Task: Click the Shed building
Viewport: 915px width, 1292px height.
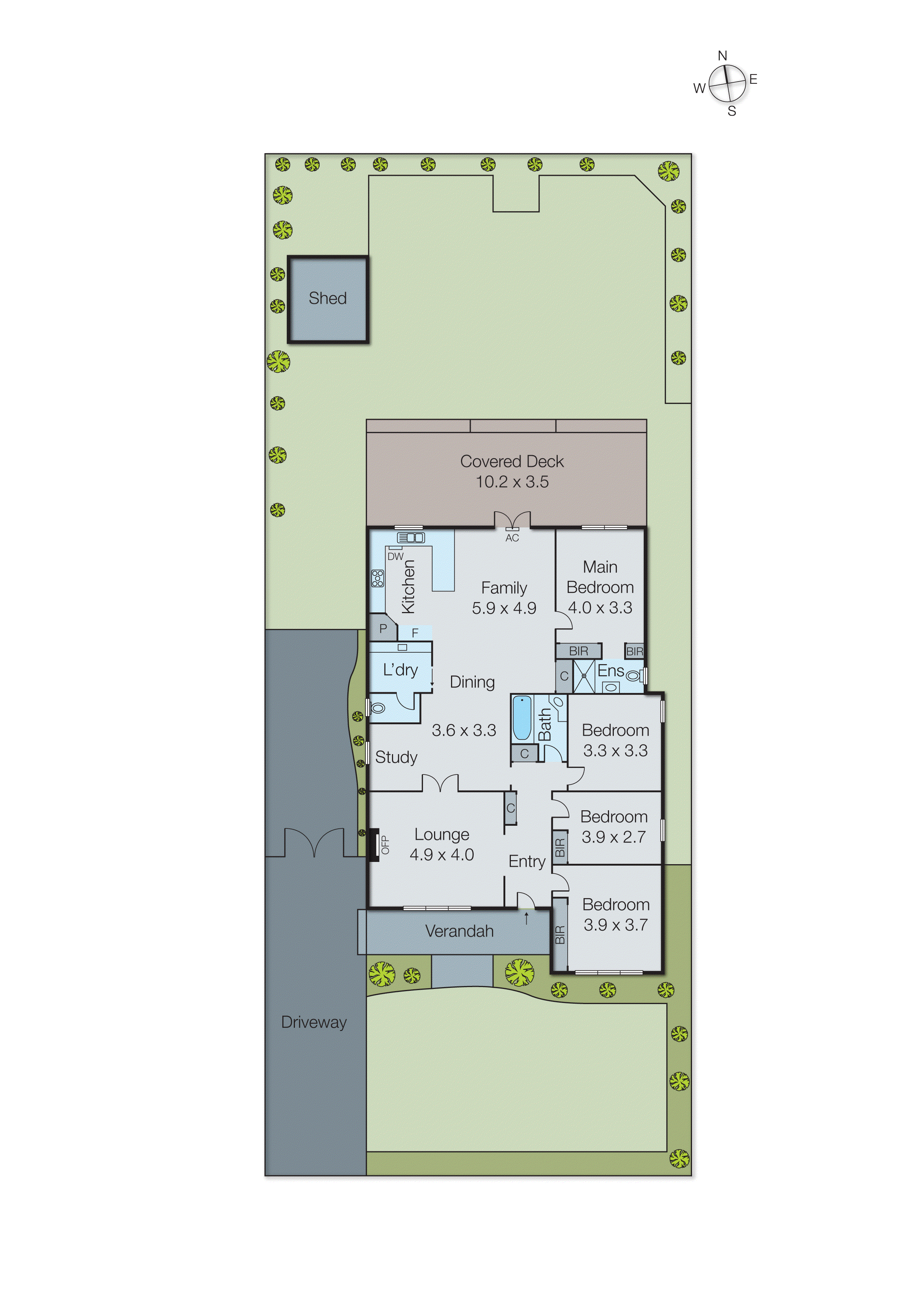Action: [x=328, y=299]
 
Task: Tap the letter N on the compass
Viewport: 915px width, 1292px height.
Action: [x=722, y=56]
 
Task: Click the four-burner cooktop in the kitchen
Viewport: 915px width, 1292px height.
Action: [x=377, y=578]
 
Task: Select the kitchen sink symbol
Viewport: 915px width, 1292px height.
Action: [x=411, y=537]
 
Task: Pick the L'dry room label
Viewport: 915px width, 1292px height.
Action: [x=400, y=670]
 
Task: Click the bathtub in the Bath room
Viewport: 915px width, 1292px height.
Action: [x=522, y=718]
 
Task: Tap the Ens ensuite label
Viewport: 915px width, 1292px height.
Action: [x=611, y=671]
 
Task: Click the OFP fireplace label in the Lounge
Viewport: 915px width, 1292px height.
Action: [x=385, y=845]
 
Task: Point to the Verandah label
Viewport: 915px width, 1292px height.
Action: [x=459, y=931]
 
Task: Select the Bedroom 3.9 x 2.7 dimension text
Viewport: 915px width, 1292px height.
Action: [x=613, y=837]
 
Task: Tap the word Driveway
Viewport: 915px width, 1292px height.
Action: [x=314, y=1023]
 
